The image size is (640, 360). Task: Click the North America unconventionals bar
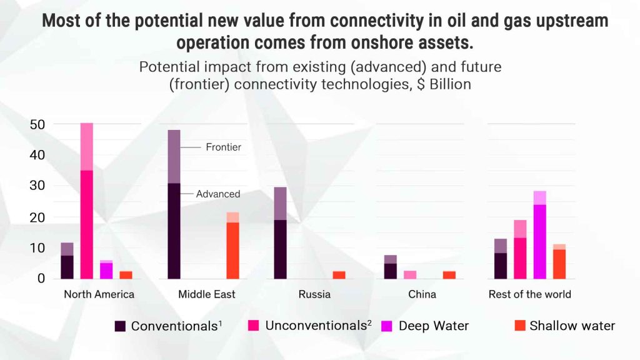pyautogui.click(x=86, y=201)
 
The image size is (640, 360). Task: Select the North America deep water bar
pyautogui.click(x=106, y=269)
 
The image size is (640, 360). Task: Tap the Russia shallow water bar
pyautogui.click(x=339, y=275)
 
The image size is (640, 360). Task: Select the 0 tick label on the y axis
pyautogui.click(x=41, y=278)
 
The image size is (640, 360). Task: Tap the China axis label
pyautogui.click(x=422, y=294)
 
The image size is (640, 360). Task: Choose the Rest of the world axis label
pyautogui.click(x=529, y=294)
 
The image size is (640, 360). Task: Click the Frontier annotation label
pyautogui.click(x=223, y=147)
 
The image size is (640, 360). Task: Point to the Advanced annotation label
pyautogui.click(x=218, y=194)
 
